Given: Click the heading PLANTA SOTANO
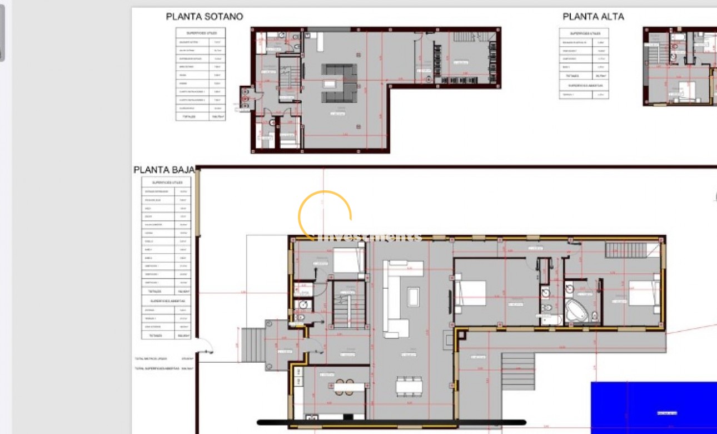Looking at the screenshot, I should (204, 17).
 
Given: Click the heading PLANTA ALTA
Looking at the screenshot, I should (593, 17).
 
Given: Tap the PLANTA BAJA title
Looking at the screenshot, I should (164, 170).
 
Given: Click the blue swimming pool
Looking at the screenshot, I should (656, 409).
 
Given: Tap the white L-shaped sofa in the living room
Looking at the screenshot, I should (397, 298).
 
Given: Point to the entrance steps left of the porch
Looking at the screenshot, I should (253, 345).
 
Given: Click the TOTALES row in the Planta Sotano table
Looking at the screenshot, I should (201, 117).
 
